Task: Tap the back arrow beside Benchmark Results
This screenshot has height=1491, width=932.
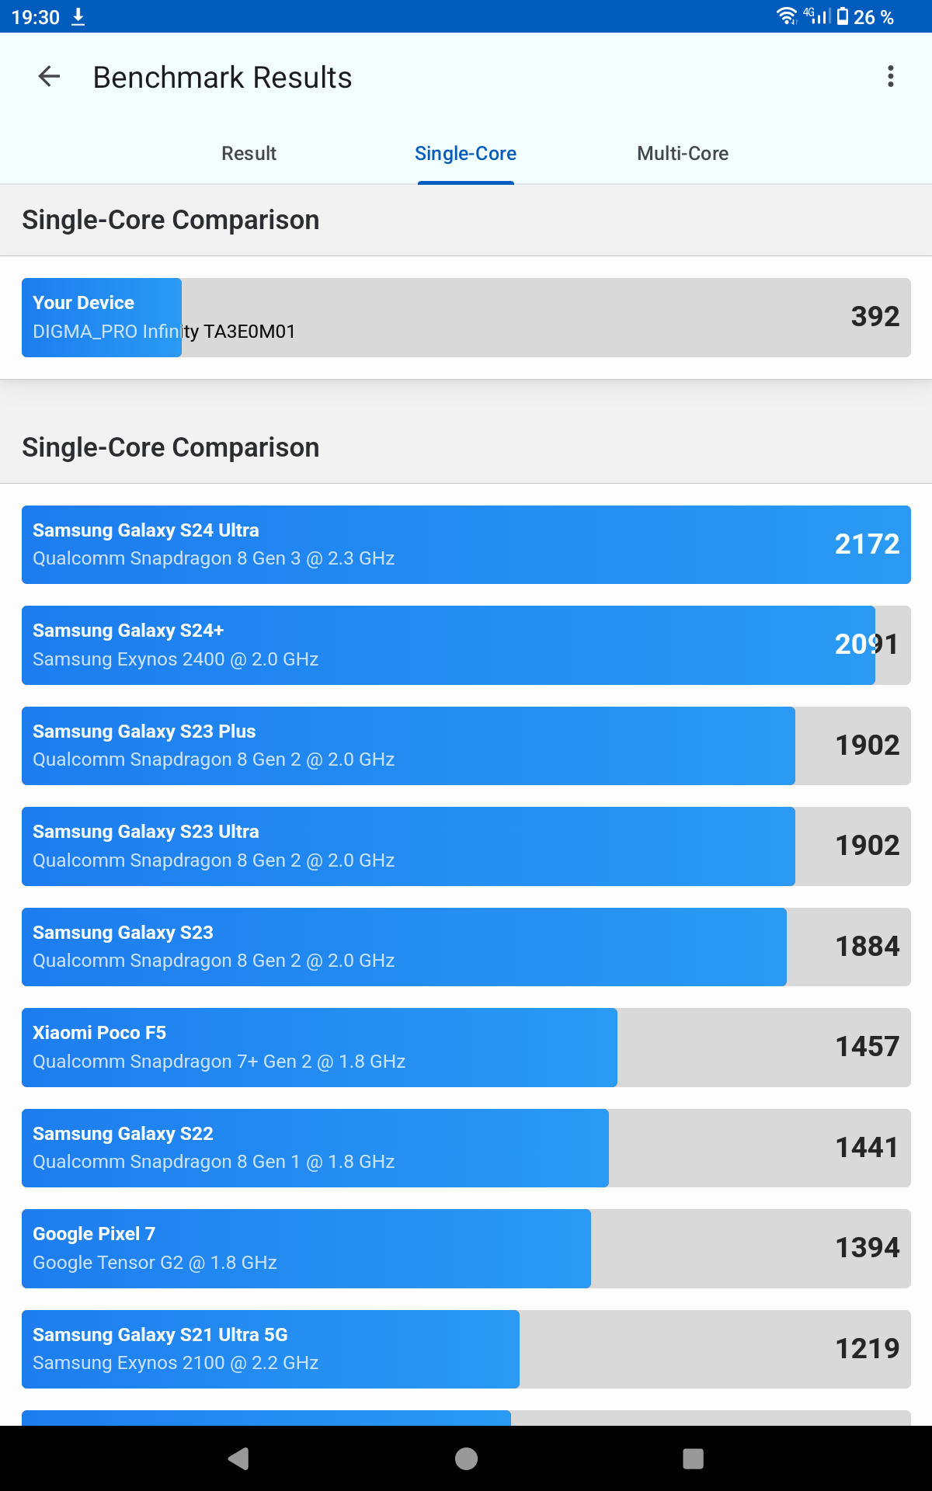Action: (x=49, y=77)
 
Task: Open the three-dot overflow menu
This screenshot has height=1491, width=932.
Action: (x=890, y=76)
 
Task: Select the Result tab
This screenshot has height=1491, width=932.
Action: (x=249, y=154)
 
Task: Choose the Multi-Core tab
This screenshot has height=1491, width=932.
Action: (x=682, y=154)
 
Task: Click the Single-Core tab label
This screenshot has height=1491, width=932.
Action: (x=465, y=154)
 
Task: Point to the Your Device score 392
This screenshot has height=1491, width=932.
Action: (x=875, y=317)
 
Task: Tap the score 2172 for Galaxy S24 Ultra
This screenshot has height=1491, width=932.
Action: (x=866, y=544)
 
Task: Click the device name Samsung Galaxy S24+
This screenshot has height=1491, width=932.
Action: (x=128, y=631)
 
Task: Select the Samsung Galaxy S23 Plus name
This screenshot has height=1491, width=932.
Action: (x=144, y=732)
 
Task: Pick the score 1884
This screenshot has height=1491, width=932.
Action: (x=867, y=947)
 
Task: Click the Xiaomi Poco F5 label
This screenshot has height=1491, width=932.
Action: (x=99, y=1033)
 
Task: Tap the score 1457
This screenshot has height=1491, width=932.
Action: (x=867, y=1047)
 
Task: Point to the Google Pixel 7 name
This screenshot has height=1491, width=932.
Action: (x=94, y=1234)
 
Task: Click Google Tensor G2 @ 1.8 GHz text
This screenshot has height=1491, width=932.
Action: (x=155, y=1263)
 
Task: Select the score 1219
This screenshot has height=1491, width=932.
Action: (x=867, y=1349)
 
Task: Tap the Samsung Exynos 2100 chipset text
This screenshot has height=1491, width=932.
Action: (x=176, y=1363)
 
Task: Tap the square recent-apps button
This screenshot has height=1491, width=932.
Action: (x=693, y=1458)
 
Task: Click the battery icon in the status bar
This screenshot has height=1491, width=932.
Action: (x=843, y=16)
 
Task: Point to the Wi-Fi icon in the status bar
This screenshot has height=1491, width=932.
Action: (x=787, y=16)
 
